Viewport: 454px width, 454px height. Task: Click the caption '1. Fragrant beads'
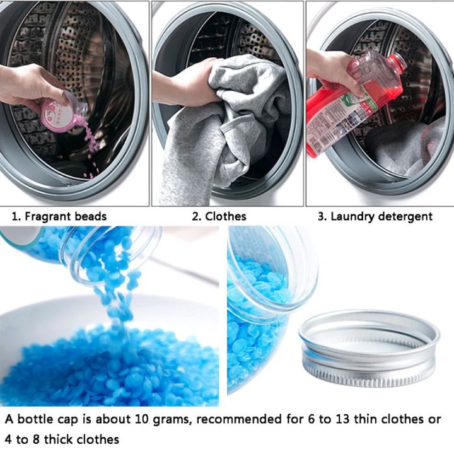pyautogui.click(x=60, y=216)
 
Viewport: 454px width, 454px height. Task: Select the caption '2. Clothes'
pyautogui.click(x=219, y=216)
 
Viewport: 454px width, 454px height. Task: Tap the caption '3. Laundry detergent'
pyautogui.click(x=375, y=216)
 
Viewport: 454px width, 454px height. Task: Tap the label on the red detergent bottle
pyautogui.click(x=328, y=120)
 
